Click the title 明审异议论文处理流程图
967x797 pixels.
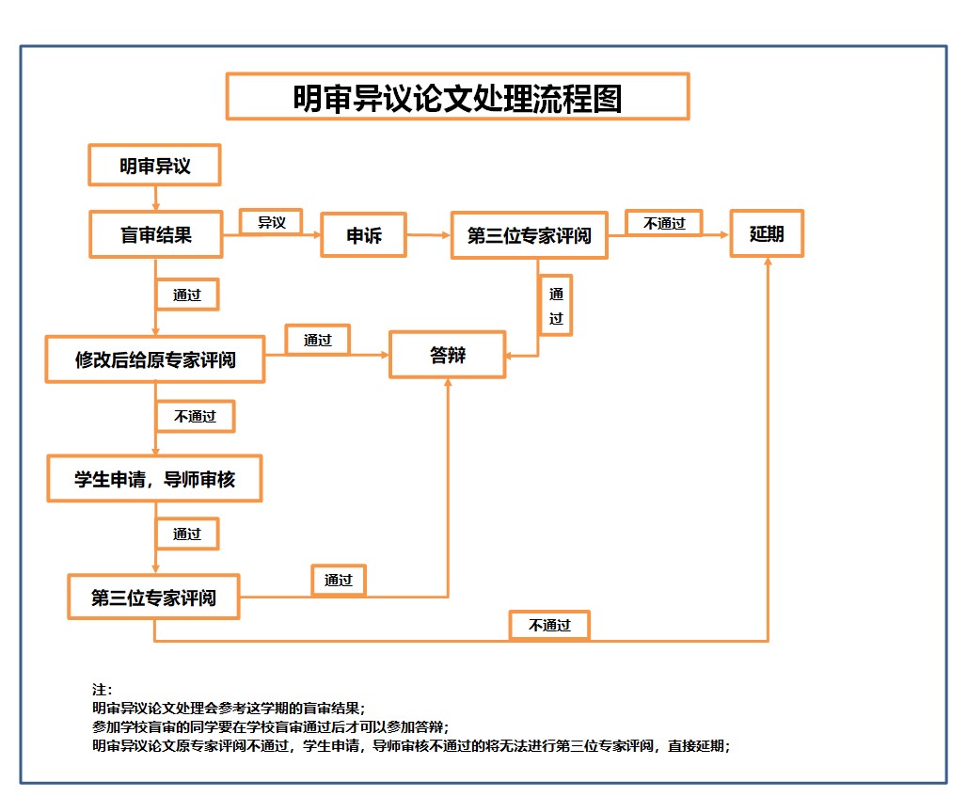(457, 97)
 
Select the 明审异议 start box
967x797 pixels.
(154, 166)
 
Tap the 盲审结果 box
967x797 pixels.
(156, 234)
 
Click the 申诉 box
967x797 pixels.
(364, 235)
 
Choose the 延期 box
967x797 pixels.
(767, 233)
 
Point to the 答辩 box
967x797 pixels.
(448, 355)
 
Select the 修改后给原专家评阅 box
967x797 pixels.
(155, 359)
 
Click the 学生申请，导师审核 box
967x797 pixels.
(154, 480)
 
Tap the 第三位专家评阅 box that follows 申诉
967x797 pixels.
(529, 235)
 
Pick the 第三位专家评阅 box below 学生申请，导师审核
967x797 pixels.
(153, 598)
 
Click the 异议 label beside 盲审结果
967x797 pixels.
(271, 222)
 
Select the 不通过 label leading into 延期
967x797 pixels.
(664, 223)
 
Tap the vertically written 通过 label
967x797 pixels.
(556, 305)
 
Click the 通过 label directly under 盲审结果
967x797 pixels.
(187, 295)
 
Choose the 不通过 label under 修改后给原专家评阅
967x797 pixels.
(195, 416)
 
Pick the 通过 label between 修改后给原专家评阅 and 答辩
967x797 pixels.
(318, 340)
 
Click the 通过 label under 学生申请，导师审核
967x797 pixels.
(187, 534)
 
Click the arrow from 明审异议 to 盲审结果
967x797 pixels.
(155, 198)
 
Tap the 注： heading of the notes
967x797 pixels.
(103, 690)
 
